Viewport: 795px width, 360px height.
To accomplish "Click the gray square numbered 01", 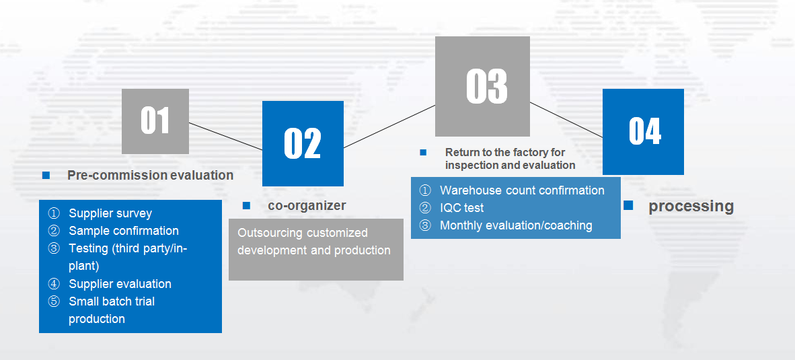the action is pos(155,121).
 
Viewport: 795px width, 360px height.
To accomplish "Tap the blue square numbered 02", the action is pos(303,143).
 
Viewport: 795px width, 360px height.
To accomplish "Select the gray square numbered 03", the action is pos(482,86).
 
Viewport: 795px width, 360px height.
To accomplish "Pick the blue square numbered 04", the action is pos(643,132).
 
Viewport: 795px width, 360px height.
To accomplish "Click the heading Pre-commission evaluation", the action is pos(150,176).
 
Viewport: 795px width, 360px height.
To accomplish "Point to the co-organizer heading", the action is pos(307,205).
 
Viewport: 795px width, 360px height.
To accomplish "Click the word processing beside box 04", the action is pos(691,206).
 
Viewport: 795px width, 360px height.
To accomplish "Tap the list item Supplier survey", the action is pos(110,213).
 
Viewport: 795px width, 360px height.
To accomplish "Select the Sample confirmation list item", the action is pos(124,231).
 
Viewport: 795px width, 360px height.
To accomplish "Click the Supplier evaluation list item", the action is pos(120,284).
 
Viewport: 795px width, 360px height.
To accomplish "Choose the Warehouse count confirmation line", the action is pos(522,190).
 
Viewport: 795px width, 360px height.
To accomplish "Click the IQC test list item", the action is pos(462,208).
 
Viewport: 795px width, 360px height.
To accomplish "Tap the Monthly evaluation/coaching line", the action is pos(516,225).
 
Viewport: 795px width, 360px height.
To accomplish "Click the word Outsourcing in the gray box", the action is pos(269,233).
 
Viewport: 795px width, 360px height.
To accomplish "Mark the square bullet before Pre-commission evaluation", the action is pos(46,176).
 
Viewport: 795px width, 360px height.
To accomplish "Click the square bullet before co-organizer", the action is pos(246,205).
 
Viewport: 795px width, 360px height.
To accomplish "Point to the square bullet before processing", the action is pos(628,205).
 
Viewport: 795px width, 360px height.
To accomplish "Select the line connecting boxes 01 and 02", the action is pos(225,136).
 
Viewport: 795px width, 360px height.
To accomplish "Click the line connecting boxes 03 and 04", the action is pos(566,120).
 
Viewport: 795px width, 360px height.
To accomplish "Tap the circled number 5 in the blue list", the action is pos(54,301).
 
